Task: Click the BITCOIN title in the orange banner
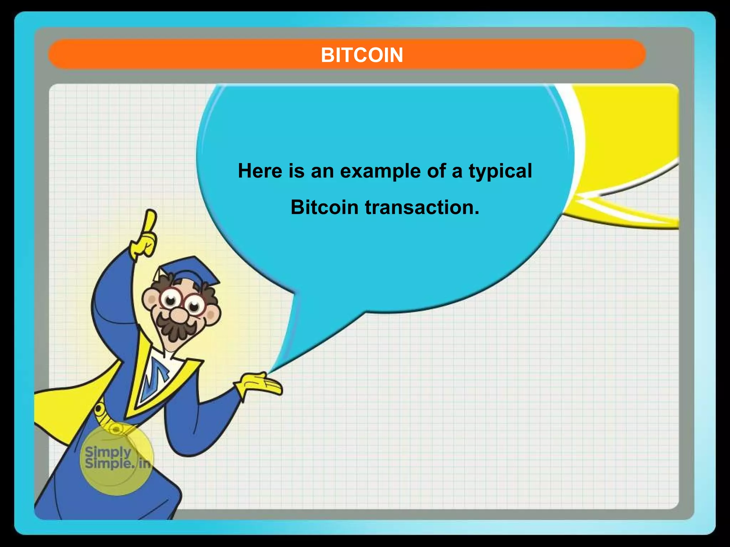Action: coord(362,55)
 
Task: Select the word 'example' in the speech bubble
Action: coord(380,171)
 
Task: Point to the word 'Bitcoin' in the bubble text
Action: coord(324,207)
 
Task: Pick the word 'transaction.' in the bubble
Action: coord(422,207)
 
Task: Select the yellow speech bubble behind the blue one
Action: coord(627,142)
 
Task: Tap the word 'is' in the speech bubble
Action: coord(297,171)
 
